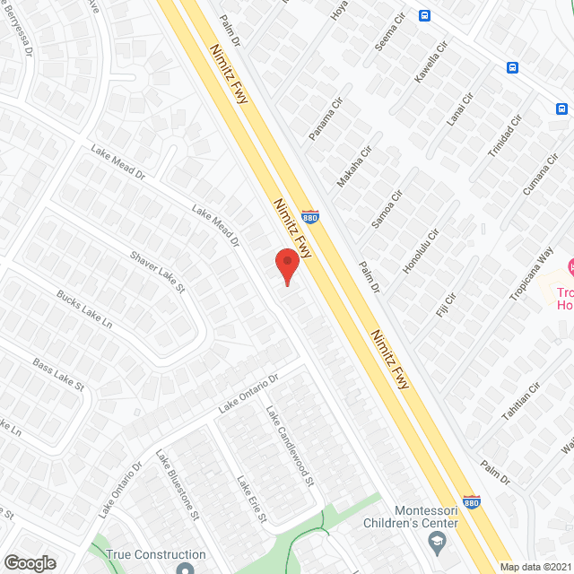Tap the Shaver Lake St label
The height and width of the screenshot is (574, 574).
click(157, 272)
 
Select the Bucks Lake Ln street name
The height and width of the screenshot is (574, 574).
click(83, 308)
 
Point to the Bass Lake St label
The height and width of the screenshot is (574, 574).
click(58, 373)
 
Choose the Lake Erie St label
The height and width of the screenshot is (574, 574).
click(250, 499)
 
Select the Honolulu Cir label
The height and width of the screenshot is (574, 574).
click(420, 250)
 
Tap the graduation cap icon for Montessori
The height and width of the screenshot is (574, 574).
click(437, 540)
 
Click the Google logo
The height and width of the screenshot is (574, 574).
click(29, 562)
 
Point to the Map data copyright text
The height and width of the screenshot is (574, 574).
click(535, 567)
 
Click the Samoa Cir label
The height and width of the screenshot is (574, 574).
click(387, 209)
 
